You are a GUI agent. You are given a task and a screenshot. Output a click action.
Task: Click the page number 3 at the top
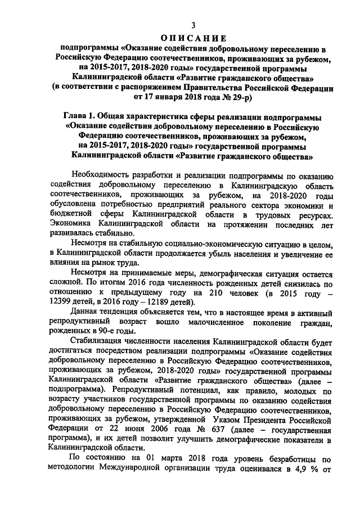pos(192,25)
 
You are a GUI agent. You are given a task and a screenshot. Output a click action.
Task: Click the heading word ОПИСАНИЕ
pos(192,38)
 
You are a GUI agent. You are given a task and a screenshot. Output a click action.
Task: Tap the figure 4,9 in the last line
pos(303,470)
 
